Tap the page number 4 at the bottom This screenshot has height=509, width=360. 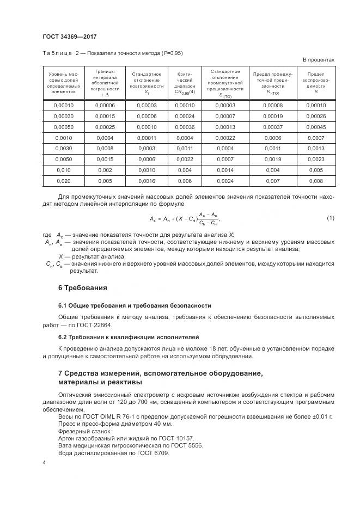[44, 462]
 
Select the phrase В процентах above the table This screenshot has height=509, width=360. [318, 60]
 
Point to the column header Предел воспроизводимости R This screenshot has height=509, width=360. [316, 83]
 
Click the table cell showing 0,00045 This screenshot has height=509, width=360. [316, 127]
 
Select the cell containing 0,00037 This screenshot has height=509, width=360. [273, 127]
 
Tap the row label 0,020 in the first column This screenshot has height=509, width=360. [63, 181]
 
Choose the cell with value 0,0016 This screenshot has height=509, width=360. [147, 181]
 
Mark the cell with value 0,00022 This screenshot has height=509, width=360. [225, 138]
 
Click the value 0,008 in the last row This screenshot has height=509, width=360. [316, 181]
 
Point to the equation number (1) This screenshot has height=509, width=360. [330, 218]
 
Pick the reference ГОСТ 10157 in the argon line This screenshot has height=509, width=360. [176, 438]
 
